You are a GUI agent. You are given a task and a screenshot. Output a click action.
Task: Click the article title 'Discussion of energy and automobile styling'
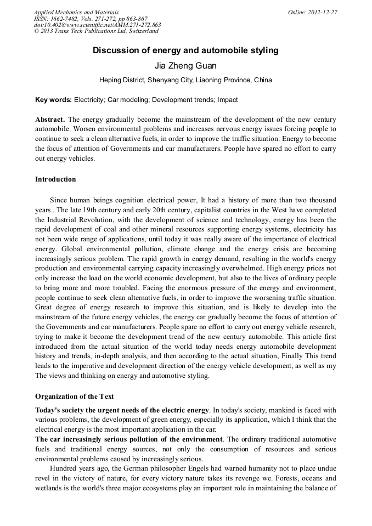pos(185,50)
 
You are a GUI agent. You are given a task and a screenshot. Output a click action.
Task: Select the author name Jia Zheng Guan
pos(185,66)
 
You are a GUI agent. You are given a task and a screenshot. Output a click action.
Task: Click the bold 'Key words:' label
pos(53,100)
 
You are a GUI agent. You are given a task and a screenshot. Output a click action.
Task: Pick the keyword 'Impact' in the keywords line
pos(227,100)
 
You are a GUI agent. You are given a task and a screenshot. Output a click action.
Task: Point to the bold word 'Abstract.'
pos(50,120)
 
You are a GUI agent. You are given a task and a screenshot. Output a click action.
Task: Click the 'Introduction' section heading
pos(55,179)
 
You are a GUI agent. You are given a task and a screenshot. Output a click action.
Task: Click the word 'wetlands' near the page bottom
pos(49,488)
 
